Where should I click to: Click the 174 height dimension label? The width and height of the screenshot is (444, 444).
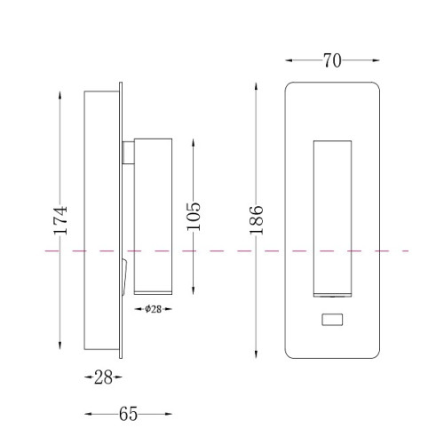click(60, 220)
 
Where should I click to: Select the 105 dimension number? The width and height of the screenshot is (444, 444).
click(194, 217)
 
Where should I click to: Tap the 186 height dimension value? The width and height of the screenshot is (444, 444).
click(256, 219)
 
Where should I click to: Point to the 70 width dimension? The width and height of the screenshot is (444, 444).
click(332, 60)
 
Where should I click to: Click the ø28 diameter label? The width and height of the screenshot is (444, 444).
click(153, 309)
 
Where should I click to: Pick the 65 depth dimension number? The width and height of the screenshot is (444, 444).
click(128, 414)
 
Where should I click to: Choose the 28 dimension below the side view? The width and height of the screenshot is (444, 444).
click(103, 377)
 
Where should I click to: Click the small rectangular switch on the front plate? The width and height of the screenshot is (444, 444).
click(332, 320)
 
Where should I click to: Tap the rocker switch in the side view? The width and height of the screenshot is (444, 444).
click(124, 277)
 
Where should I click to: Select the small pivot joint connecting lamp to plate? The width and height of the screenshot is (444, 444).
click(128, 152)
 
